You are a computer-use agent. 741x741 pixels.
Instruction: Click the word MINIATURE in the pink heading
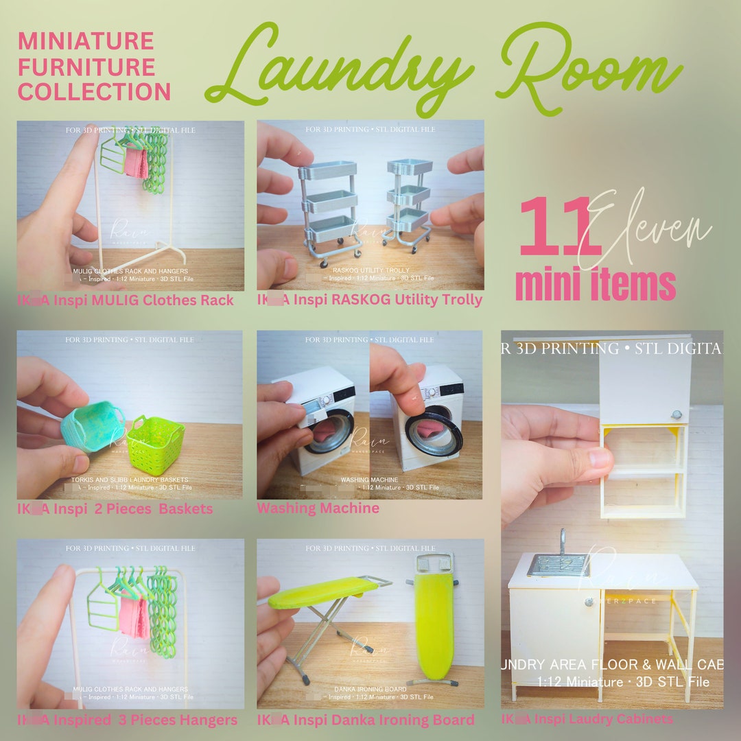click(86, 42)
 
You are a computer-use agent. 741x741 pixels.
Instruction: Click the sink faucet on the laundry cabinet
click(562, 542)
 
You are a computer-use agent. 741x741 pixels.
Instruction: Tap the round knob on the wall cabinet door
click(677, 414)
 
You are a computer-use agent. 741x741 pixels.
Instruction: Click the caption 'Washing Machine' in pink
click(318, 508)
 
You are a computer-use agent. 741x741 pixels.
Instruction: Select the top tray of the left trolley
click(329, 169)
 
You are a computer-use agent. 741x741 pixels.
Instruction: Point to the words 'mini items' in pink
click(595, 285)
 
